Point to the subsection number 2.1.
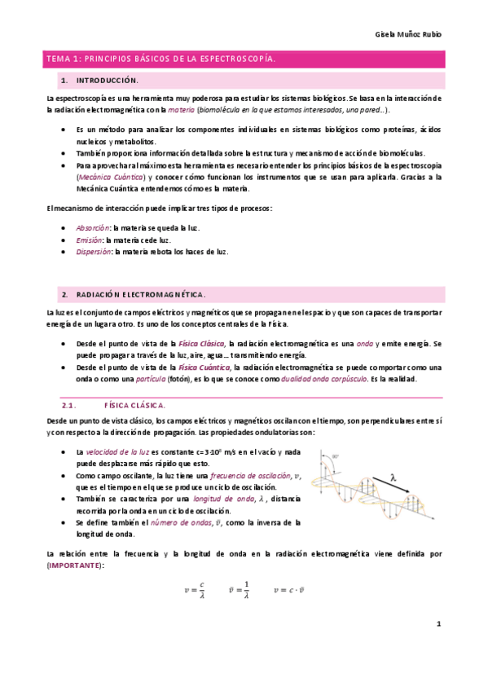[68, 405]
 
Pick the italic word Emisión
[90, 240]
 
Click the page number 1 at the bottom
[437, 625]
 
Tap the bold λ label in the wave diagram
[393, 479]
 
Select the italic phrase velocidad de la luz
[114, 452]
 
